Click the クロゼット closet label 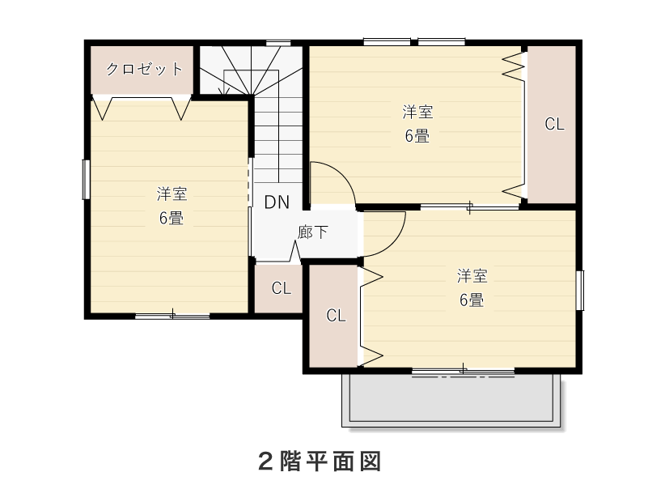click(x=144, y=69)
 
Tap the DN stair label click(x=277, y=202)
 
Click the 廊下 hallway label click(x=312, y=232)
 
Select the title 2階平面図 click(x=320, y=461)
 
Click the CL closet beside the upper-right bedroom click(x=552, y=124)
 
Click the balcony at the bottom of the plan click(x=451, y=400)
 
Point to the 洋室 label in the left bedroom click(x=172, y=194)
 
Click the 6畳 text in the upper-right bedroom click(x=417, y=136)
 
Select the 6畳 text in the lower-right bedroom click(x=472, y=300)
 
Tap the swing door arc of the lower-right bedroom click(x=395, y=242)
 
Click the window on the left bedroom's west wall click(x=86, y=180)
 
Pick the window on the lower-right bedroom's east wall click(x=580, y=290)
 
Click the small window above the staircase click(x=278, y=43)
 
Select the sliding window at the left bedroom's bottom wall click(x=172, y=317)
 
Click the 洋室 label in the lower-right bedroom click(x=472, y=276)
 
